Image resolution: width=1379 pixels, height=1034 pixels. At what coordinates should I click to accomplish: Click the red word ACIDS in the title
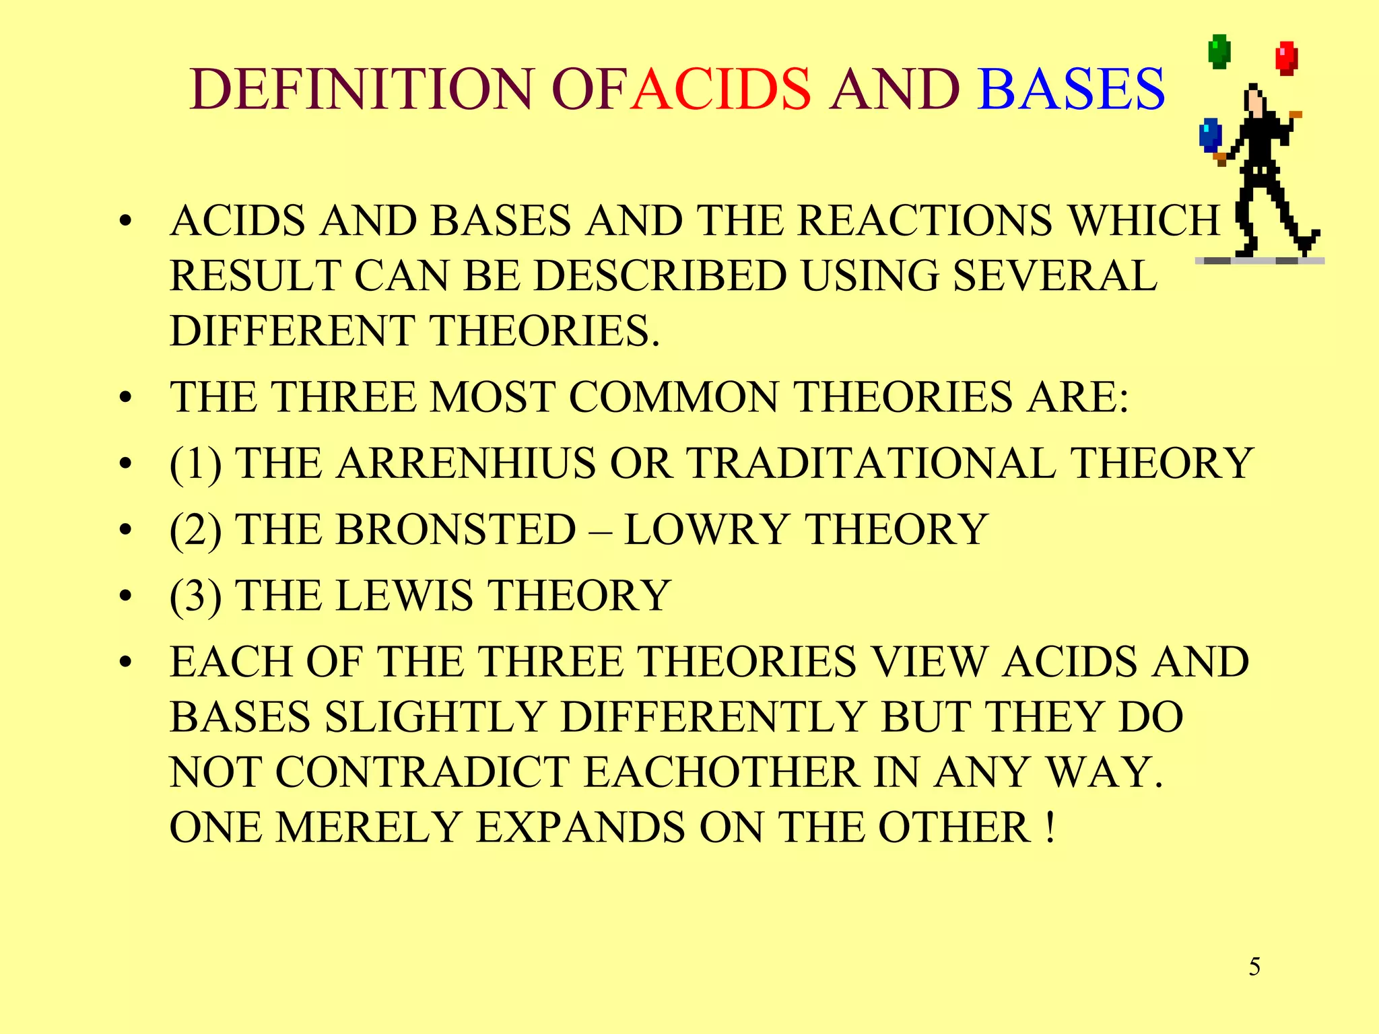(722, 90)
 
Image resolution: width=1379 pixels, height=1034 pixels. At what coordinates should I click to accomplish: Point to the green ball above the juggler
(1219, 52)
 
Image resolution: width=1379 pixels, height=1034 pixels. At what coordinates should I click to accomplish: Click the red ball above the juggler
(1287, 58)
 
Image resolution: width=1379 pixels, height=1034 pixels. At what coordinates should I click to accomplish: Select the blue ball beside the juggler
(1210, 135)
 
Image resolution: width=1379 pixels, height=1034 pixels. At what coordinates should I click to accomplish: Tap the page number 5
(1254, 967)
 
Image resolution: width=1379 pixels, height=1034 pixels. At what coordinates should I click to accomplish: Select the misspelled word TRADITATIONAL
(871, 464)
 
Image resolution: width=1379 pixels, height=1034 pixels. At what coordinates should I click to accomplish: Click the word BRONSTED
(456, 530)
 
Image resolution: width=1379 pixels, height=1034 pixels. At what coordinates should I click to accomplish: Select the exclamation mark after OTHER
(1050, 827)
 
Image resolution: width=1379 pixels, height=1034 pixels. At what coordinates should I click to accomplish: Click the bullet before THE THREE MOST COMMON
(125, 399)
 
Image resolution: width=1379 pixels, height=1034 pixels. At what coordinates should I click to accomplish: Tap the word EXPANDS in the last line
(580, 827)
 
